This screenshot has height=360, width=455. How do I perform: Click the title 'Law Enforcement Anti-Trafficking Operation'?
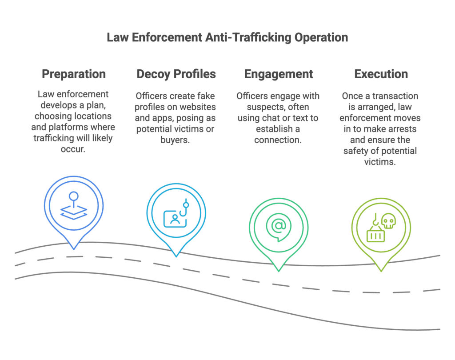click(x=227, y=38)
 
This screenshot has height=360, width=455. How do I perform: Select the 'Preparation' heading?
click(x=74, y=74)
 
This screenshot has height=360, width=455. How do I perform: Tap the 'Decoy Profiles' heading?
click(x=176, y=74)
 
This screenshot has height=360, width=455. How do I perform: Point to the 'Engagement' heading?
click(x=279, y=74)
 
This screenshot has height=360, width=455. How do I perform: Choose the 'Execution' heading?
click(x=381, y=74)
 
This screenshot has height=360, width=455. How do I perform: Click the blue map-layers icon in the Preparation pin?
click(x=74, y=206)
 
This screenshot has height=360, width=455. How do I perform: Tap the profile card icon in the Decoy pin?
click(x=174, y=218)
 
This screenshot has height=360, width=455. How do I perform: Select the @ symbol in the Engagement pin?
click(x=279, y=225)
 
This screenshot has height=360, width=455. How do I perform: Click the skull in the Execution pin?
click(x=388, y=221)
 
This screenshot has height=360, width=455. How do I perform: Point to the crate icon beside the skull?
click(x=375, y=233)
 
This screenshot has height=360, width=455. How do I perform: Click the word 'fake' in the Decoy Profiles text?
click(x=205, y=96)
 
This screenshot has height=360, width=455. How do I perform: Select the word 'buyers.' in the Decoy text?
click(x=176, y=140)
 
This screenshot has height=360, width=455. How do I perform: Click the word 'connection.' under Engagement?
click(x=279, y=140)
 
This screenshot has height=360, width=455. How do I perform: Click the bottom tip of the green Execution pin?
click(x=381, y=271)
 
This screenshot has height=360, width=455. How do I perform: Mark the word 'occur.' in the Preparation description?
click(x=74, y=148)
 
